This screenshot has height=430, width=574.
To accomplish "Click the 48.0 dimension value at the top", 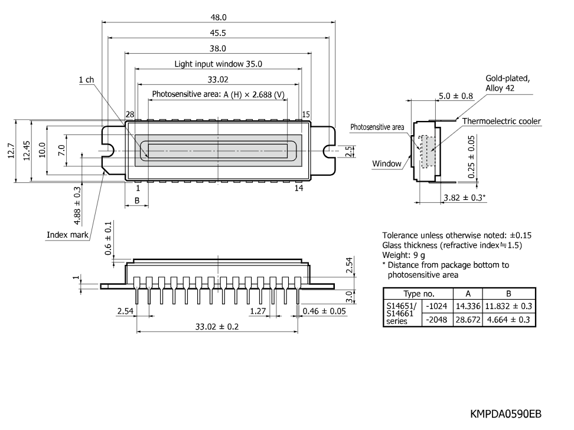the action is click(218, 17).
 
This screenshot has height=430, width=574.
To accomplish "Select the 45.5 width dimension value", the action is click(218, 33).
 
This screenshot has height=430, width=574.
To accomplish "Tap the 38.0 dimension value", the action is click(218, 48).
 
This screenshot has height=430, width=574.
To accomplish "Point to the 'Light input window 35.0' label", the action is click(218, 64).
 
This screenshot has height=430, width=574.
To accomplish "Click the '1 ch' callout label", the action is click(86, 80).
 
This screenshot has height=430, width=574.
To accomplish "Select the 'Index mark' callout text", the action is click(67, 235).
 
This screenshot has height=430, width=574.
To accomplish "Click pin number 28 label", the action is click(130, 114).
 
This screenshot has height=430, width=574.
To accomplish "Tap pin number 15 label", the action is click(306, 114).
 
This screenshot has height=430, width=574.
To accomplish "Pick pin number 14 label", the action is click(299, 188).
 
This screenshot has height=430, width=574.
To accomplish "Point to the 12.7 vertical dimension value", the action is click(11, 150).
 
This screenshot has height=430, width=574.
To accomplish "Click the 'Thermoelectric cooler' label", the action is click(501, 121).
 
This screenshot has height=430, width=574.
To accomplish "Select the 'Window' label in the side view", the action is click(387, 163).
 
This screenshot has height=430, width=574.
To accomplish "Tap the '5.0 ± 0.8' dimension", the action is click(456, 96).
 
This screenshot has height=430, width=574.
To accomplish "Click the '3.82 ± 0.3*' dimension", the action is click(465, 198).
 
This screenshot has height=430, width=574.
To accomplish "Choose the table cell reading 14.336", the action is click(468, 306).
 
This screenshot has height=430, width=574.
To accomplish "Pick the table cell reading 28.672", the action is click(468, 320).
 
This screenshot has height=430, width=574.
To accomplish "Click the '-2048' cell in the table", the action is click(436, 320).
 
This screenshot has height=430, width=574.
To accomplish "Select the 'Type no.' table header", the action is click(419, 294).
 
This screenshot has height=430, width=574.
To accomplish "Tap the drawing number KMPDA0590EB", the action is click(505, 414).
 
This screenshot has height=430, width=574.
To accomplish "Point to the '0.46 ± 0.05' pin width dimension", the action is click(324, 311).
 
